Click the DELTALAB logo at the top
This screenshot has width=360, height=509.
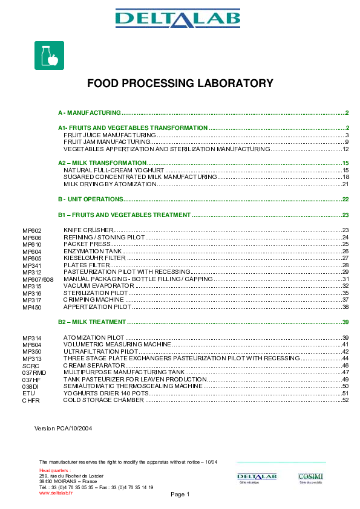(x=180, y=19)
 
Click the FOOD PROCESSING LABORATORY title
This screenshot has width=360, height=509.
(x=180, y=83)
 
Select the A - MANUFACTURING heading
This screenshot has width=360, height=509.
(x=90, y=113)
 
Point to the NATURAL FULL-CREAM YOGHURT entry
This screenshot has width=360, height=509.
(x=109, y=170)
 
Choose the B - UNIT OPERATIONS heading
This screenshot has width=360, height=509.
(x=91, y=199)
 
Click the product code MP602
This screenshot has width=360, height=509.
(x=31, y=231)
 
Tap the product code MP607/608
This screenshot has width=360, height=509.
(x=38, y=279)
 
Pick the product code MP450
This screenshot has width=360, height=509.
(x=31, y=308)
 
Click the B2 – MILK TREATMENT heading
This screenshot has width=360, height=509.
(x=92, y=322)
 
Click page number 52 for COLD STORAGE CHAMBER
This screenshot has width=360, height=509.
(x=345, y=400)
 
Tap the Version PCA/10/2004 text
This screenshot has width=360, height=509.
(x=63, y=428)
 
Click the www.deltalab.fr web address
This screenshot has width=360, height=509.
(x=56, y=493)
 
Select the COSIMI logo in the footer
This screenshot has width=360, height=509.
(x=310, y=478)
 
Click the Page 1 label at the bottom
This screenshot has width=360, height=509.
(x=180, y=494)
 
